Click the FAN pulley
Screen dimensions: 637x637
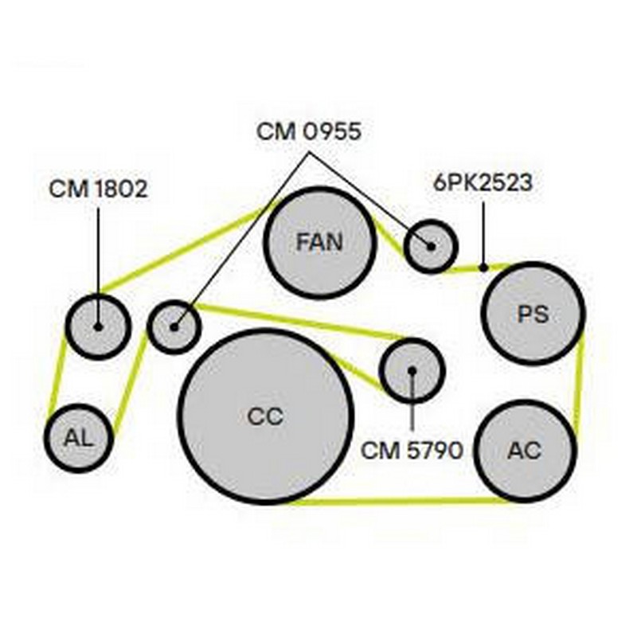319,243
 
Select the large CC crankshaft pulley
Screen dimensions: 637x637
265,416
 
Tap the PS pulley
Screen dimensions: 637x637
533,313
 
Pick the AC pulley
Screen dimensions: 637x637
525,450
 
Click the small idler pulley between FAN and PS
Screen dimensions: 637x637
430,246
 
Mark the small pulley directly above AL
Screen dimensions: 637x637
97,326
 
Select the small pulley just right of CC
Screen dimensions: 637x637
411,370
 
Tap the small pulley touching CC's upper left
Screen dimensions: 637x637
174,326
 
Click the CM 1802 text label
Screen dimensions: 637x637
98,189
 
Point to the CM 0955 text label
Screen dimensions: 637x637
308,131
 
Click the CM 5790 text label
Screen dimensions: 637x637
412,451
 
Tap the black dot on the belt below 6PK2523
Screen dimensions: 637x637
483,268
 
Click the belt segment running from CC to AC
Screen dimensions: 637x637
398,502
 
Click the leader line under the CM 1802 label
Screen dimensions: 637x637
98,255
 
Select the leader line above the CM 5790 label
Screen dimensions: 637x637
412,406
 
